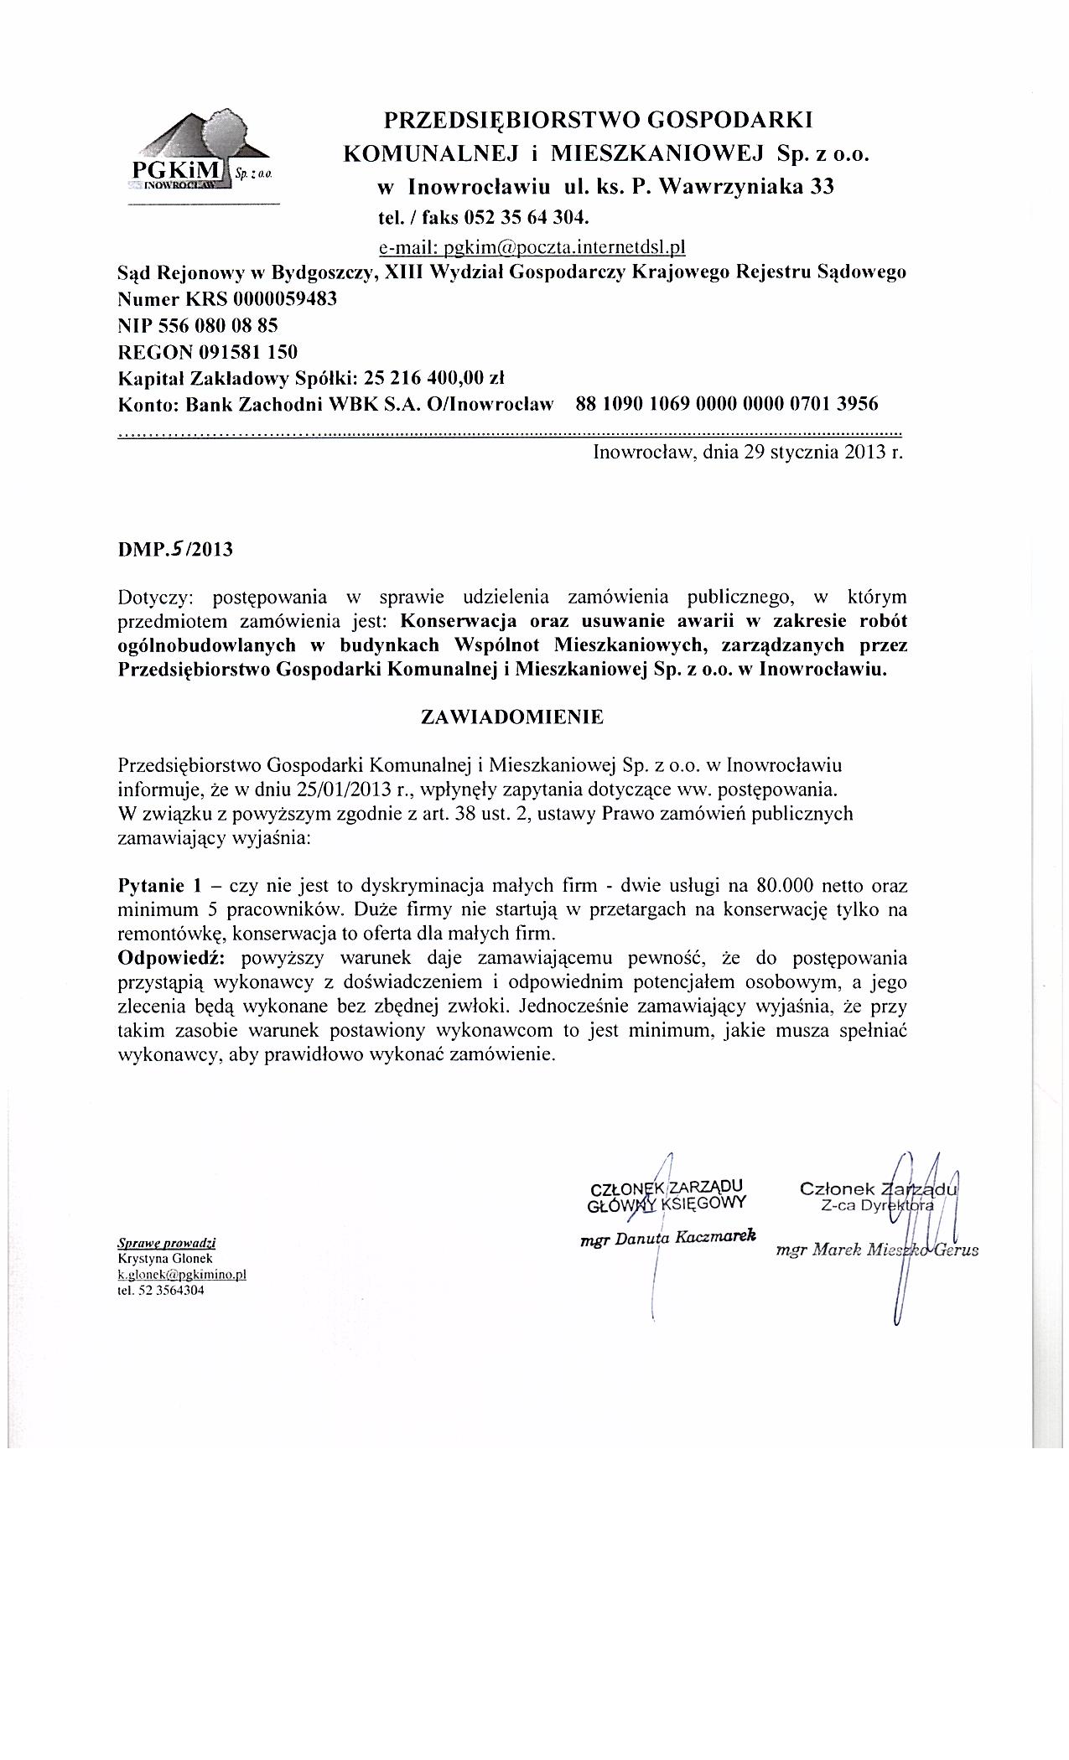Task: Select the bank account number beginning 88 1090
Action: tap(727, 404)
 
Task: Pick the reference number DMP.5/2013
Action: tap(175, 550)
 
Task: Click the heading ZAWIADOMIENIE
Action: tap(511, 717)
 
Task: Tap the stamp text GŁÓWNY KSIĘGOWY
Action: tap(667, 1204)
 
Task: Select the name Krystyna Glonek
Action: tap(165, 1258)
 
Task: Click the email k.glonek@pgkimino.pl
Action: tap(182, 1274)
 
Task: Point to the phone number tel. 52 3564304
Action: tap(161, 1291)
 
